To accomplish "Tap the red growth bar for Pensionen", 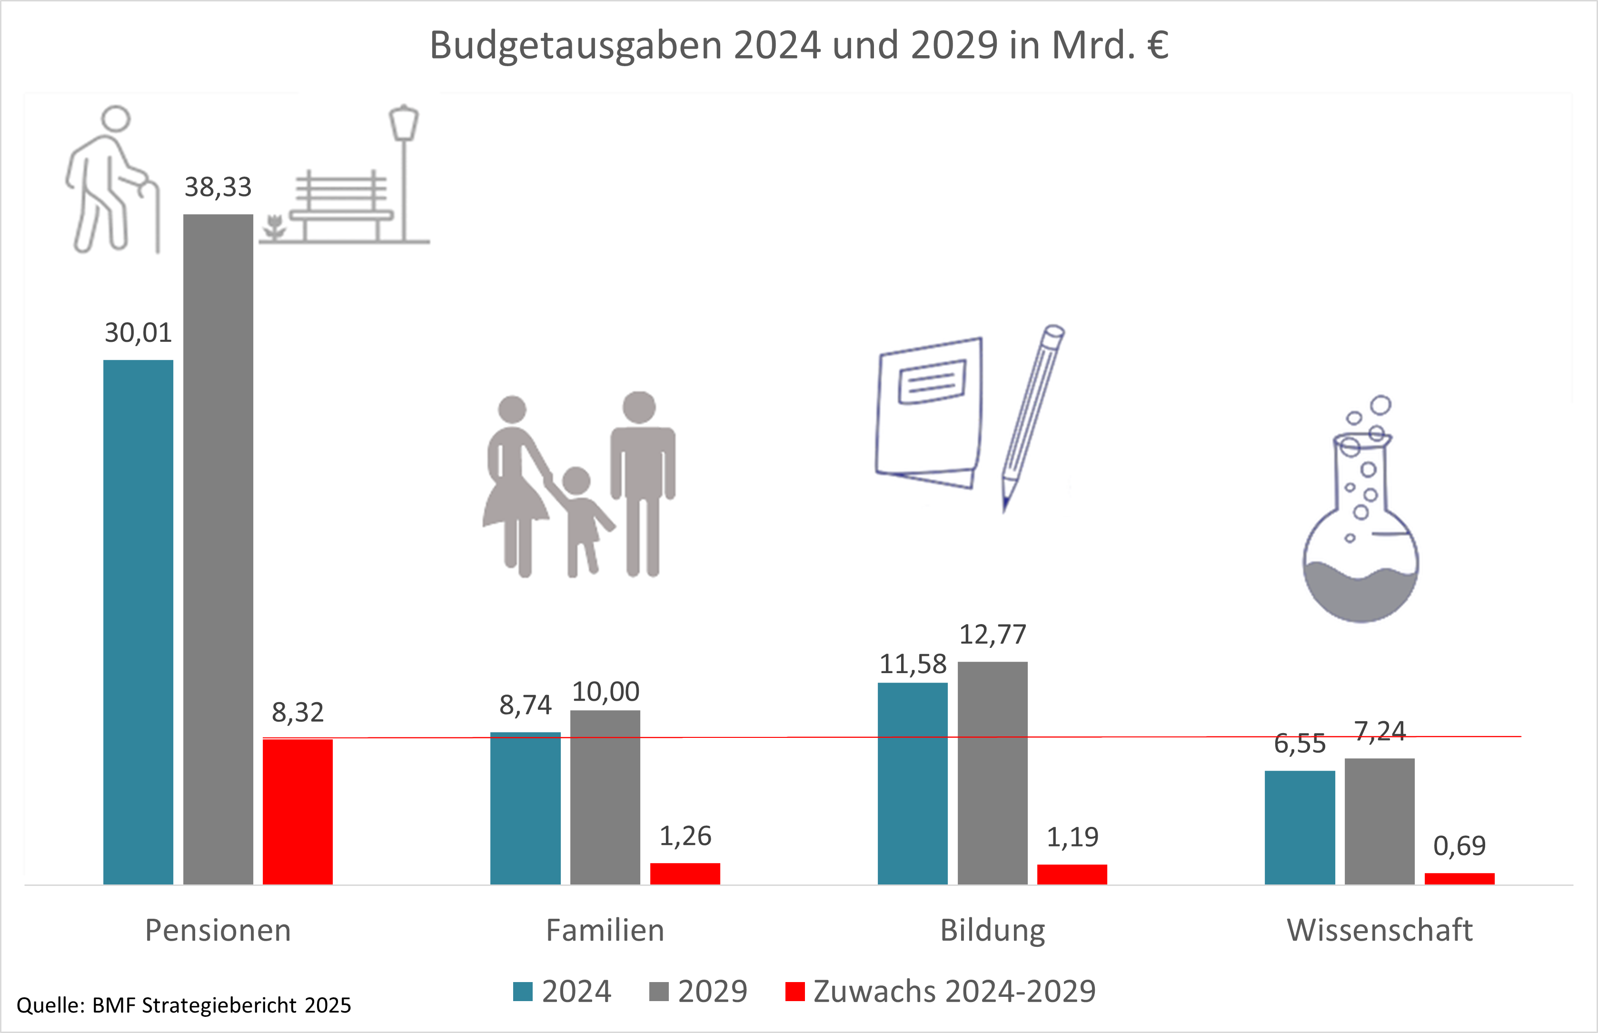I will (298, 811).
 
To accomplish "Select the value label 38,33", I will (218, 187).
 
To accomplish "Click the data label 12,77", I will (993, 635).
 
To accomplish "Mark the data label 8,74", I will (525, 705).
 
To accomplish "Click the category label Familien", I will (605, 930).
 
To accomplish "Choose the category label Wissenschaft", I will (1380, 930).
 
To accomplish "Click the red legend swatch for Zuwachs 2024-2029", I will (794, 992).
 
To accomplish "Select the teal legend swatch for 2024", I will (522, 992).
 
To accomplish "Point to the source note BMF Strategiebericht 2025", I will (221, 1005).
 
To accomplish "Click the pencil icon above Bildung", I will (1032, 416).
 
